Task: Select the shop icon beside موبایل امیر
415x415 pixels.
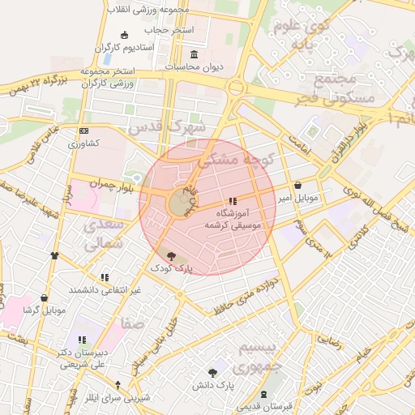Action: (x=298, y=185)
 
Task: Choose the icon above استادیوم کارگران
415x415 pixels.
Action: (x=124, y=35)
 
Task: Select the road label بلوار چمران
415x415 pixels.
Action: (x=99, y=183)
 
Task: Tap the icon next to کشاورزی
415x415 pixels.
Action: (x=83, y=130)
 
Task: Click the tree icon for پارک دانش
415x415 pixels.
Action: (x=212, y=373)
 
